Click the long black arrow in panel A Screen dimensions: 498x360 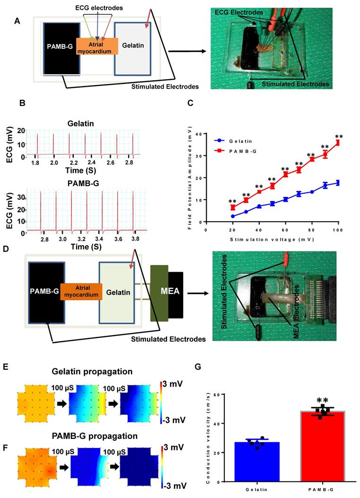184,51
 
